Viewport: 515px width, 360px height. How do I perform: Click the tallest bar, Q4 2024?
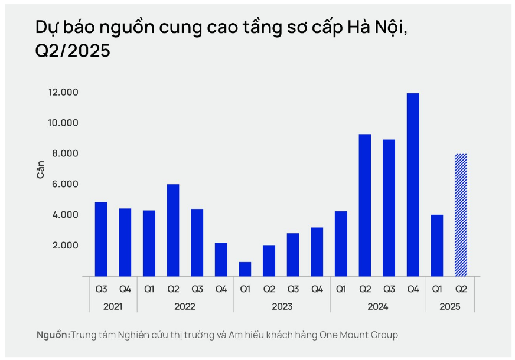(413, 184)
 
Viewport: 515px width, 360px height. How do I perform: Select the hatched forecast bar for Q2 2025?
(461, 215)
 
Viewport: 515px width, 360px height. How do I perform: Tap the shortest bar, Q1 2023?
(245, 269)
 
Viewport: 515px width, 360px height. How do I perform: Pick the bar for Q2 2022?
(172, 230)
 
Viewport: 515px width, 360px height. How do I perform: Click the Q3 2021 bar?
(101, 239)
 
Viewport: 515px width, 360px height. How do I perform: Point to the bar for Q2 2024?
(365, 205)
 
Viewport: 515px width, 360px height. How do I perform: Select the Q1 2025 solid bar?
(437, 245)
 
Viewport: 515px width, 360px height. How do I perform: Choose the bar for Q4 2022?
(221, 259)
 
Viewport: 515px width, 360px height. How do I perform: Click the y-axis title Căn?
(41, 169)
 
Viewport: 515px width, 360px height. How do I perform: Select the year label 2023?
(282, 307)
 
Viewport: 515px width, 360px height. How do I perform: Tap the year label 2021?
(113, 307)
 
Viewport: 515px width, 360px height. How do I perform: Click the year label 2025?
(449, 307)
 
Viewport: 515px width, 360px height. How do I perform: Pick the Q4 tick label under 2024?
(413, 289)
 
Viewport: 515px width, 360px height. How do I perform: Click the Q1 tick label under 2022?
(149, 289)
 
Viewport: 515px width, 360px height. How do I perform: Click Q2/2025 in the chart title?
(73, 51)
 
